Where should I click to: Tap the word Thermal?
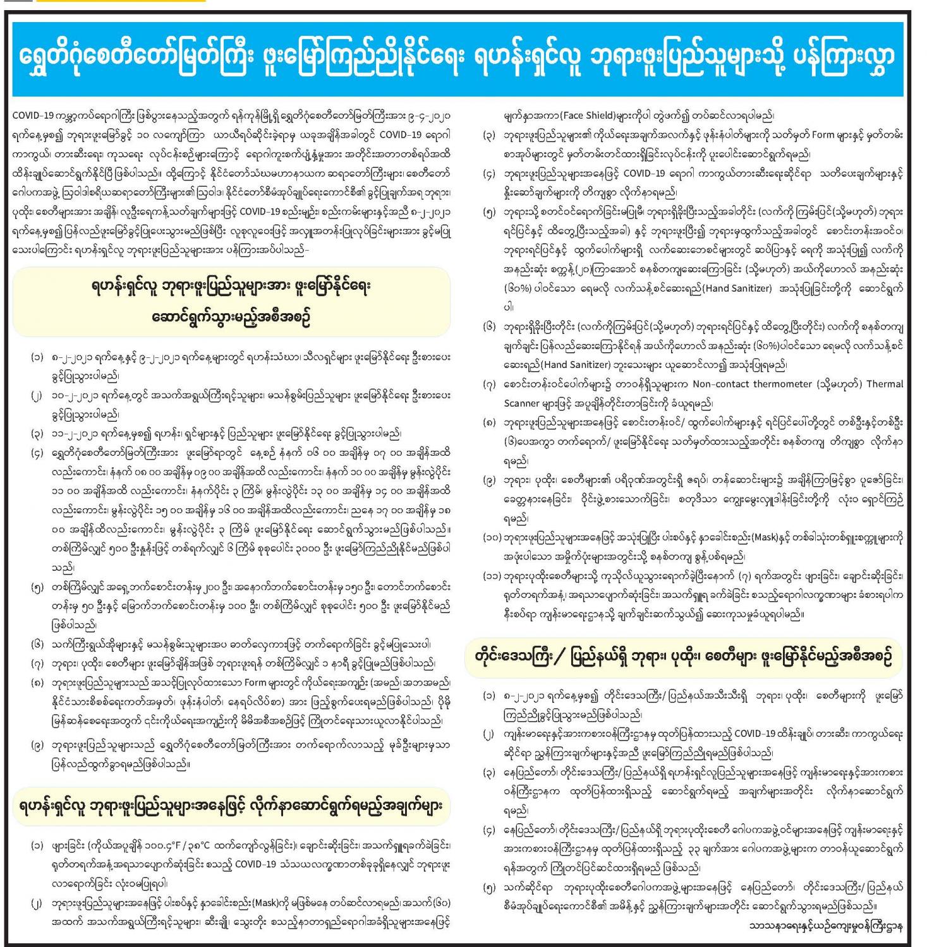click(884, 384)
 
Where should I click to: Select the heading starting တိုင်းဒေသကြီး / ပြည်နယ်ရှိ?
click(683, 657)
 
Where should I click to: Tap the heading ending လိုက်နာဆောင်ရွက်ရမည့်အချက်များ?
click(231, 806)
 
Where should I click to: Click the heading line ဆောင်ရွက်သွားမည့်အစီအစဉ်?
click(231, 315)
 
